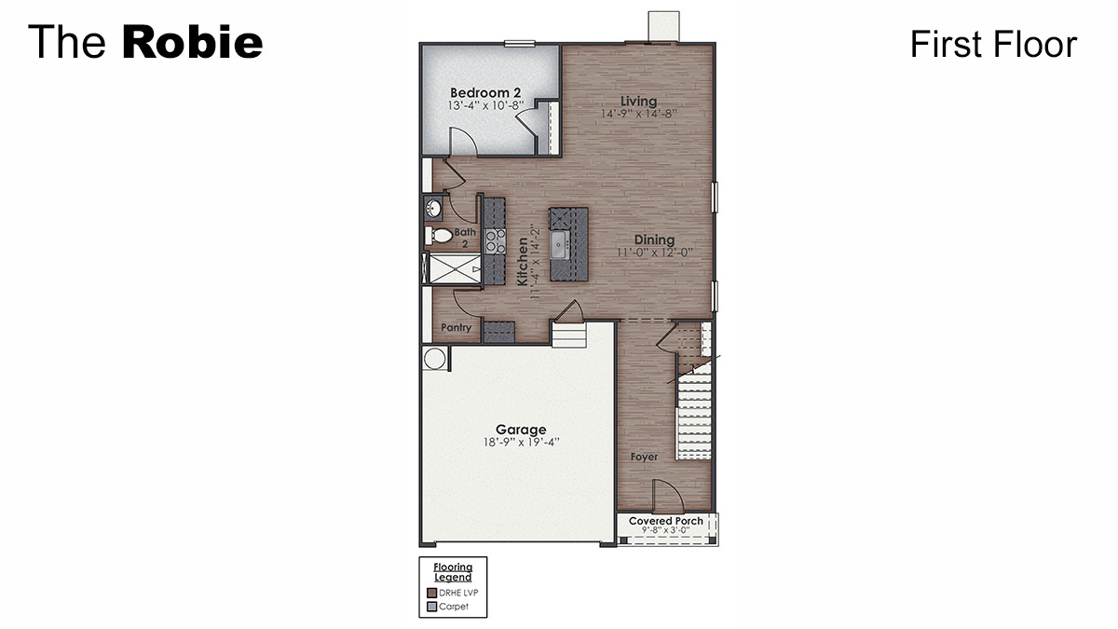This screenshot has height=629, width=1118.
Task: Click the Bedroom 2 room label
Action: tap(484, 92)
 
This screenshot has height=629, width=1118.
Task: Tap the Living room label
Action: tap(639, 101)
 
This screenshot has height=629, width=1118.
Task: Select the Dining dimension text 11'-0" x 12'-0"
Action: tap(654, 253)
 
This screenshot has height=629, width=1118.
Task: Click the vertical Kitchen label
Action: tap(524, 261)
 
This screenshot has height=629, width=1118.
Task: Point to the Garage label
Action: tap(521, 430)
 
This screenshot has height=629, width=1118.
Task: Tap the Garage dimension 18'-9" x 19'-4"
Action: tap(521, 443)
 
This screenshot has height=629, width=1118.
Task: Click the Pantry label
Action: tap(457, 327)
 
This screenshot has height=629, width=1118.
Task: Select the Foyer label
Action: tap(644, 457)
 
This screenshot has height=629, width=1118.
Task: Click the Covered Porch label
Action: tap(666, 521)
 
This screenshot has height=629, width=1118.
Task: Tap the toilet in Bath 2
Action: tap(439, 236)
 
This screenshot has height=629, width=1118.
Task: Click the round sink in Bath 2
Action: tap(434, 208)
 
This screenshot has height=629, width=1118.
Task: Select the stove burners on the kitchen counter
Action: tap(495, 241)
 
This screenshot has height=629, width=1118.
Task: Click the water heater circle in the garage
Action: tap(435, 358)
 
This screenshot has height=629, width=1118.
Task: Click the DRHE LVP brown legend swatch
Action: tap(431, 593)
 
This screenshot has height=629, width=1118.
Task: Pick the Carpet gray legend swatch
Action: tap(431, 607)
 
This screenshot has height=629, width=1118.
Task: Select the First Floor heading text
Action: tap(993, 44)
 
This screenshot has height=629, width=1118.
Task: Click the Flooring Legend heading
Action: tap(453, 571)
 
